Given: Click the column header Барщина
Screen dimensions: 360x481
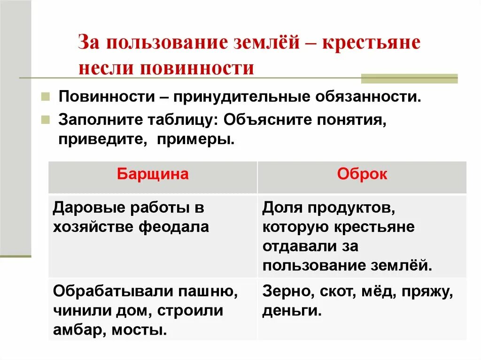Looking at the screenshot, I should [153, 175].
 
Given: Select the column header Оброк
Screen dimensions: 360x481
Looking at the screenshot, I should [362, 175].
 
